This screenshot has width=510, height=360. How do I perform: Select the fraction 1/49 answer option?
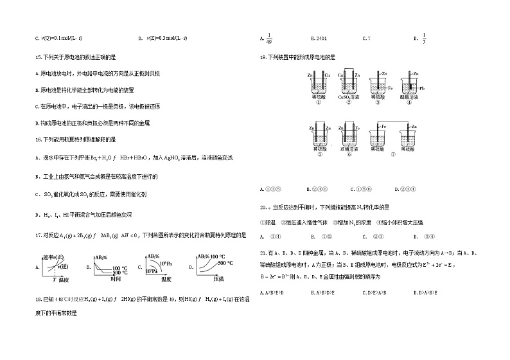click(270, 38)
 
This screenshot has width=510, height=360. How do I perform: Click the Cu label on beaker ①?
click(328, 76)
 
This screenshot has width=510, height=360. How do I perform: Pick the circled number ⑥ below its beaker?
click(347, 154)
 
